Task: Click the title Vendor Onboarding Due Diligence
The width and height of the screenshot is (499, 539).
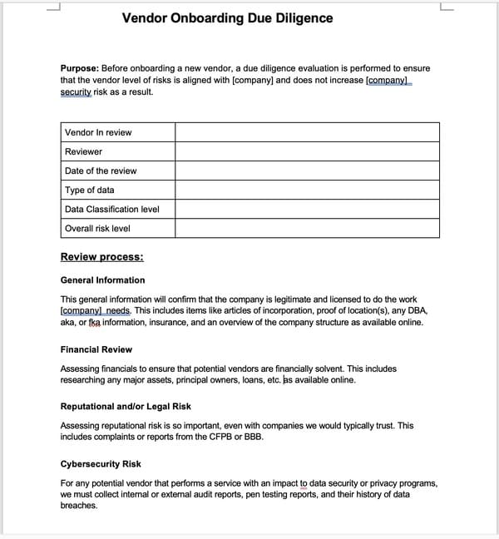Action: [227, 17]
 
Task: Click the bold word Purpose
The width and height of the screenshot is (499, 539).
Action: [79, 68]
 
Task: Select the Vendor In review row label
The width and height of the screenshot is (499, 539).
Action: [98, 132]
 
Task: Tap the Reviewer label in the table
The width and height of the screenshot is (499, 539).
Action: [83, 151]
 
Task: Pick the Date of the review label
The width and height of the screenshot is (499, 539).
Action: [101, 171]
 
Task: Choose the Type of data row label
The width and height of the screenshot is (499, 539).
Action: [90, 190]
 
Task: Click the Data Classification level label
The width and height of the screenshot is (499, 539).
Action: [111, 209]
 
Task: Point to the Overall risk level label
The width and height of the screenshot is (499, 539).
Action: [97, 228]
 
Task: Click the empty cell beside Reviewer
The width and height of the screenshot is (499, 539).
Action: [306, 151]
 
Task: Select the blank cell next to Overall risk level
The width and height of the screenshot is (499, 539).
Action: [306, 228]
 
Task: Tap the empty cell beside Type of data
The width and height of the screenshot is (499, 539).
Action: [306, 190]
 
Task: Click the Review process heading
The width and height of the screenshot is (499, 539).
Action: [101, 256]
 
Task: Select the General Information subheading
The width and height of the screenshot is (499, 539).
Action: [102, 280]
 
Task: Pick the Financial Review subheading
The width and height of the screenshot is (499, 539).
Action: [96, 349]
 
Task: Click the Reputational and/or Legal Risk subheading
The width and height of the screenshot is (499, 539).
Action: [126, 406]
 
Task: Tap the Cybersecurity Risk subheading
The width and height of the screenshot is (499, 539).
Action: [101, 463]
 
